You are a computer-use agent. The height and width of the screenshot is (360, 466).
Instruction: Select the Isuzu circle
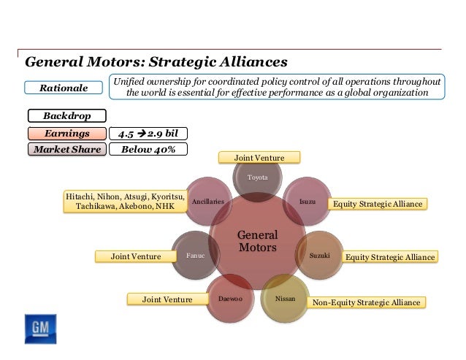pyautogui.click(x=307, y=201)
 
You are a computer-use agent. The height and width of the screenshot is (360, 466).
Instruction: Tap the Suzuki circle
pyautogui.click(x=319, y=256)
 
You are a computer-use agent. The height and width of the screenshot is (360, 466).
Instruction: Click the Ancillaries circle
pyautogui.click(x=208, y=201)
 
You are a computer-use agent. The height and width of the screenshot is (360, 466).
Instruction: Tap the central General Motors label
pyautogui.click(x=257, y=242)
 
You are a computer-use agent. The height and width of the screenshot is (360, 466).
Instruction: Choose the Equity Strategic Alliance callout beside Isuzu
pyautogui.click(x=377, y=204)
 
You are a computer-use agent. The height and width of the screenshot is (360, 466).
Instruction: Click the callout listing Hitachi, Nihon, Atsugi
pyautogui.click(x=125, y=201)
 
